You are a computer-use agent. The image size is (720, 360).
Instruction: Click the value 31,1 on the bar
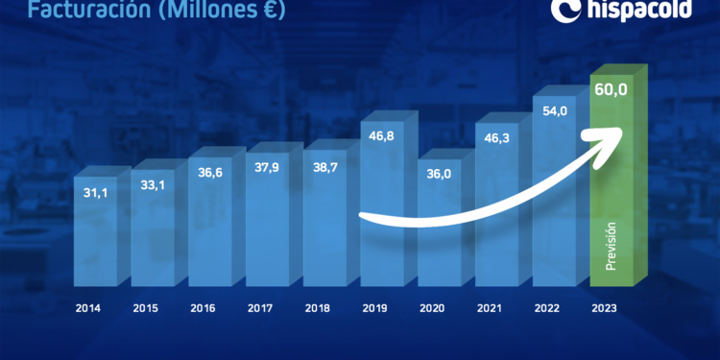(94, 194)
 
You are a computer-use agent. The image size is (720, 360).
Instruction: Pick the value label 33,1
(152, 185)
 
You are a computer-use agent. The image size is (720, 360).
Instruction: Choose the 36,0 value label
(438, 173)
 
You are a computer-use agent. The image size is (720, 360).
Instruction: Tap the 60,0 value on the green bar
(611, 91)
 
